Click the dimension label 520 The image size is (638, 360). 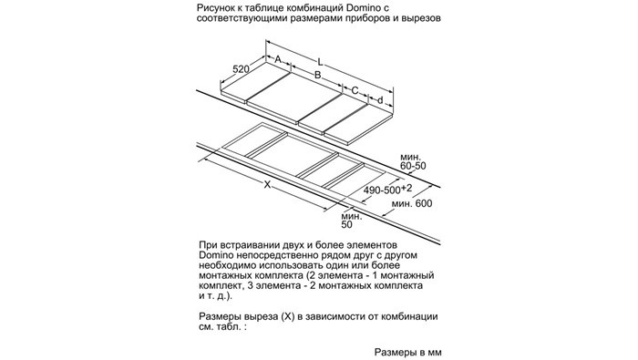point(241,69)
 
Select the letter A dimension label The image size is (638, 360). point(278,59)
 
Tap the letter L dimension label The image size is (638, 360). point(320,62)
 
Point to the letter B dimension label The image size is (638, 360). point(318,75)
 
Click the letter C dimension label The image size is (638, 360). point(355,90)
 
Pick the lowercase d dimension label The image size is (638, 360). point(380,100)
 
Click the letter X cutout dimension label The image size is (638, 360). point(267,185)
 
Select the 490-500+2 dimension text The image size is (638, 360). point(388,190)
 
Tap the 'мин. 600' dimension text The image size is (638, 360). point(412,203)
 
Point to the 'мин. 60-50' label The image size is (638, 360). point(413,161)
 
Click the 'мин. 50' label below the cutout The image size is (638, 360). point(351,220)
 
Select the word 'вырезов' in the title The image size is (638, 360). point(421,18)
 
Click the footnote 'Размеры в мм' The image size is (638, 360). point(407,352)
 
